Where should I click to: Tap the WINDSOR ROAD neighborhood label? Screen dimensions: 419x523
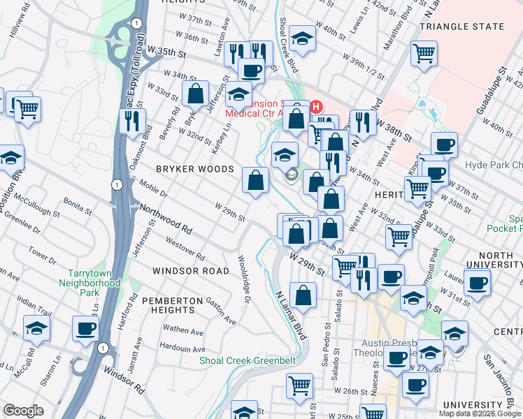click(x=191, y=270)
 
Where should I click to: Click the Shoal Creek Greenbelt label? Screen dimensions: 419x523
click(x=248, y=360)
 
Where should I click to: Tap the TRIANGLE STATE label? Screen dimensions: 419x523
click(x=461, y=27)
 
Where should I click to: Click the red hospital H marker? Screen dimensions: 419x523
click(x=315, y=107)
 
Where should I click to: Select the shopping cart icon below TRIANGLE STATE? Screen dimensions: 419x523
click(x=424, y=53)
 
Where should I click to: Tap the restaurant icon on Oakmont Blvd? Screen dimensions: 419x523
click(x=132, y=121)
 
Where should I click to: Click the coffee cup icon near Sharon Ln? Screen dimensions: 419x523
click(x=86, y=328)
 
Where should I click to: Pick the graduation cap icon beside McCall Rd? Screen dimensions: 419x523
click(x=36, y=328)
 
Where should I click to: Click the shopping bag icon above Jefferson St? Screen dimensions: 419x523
click(x=196, y=93)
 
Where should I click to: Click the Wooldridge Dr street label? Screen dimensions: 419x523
click(x=245, y=282)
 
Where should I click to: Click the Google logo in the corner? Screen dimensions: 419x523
click(x=23, y=411)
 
